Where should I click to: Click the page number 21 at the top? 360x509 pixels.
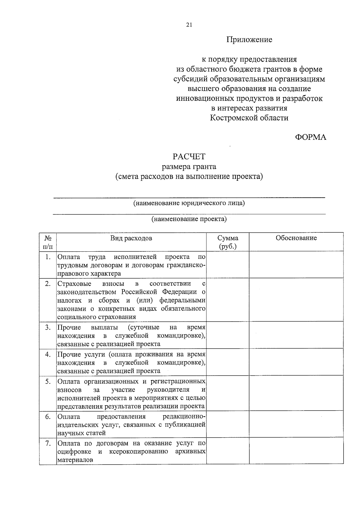(x=189, y=25)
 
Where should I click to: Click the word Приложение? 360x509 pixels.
(x=249, y=40)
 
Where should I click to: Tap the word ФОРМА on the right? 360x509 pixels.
(x=310, y=137)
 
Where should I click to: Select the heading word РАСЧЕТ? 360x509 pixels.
(x=189, y=157)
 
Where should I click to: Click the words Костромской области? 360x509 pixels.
(x=249, y=118)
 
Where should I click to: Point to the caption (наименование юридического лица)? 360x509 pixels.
(x=189, y=203)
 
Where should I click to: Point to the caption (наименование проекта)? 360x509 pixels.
(x=189, y=219)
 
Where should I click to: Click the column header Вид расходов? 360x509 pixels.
(x=131, y=238)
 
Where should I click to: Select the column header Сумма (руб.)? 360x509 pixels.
(x=228, y=242)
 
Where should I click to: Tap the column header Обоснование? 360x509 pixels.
(x=296, y=238)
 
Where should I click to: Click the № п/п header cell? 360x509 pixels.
(x=48, y=242)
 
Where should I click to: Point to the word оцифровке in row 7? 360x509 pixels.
(x=74, y=452)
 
